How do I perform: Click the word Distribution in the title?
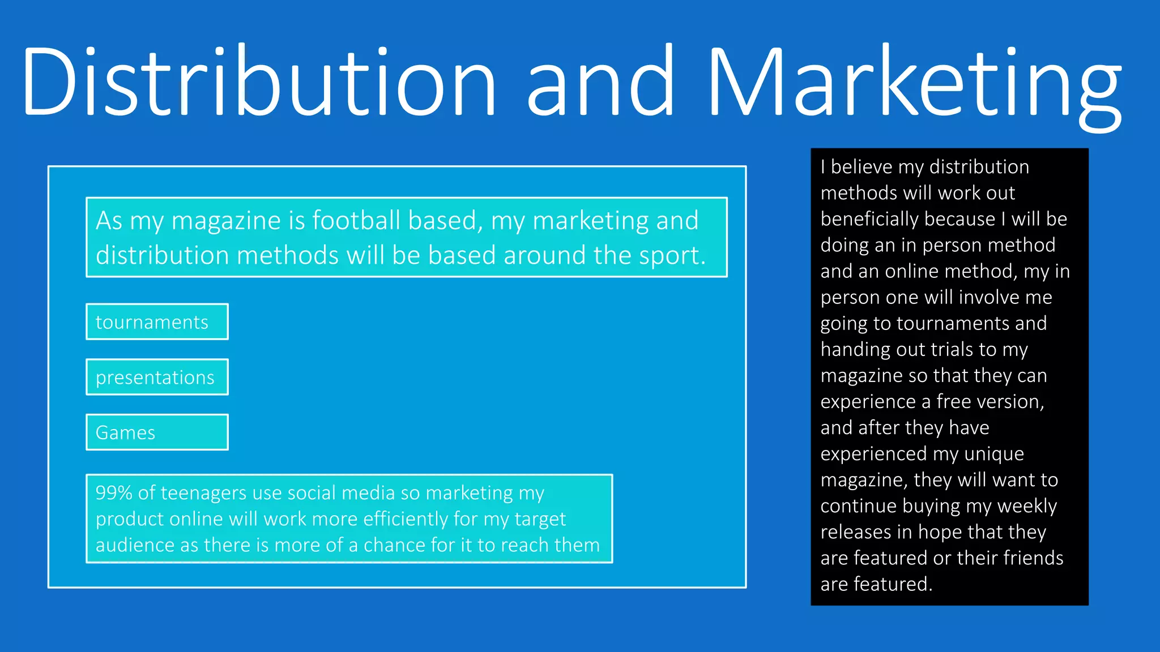pos(258,82)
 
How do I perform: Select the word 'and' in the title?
pos(600,82)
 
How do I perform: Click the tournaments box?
pos(157,322)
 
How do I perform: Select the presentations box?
pos(157,377)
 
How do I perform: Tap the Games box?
pos(157,432)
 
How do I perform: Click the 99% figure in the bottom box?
pos(113,493)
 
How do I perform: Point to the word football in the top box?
pos(356,220)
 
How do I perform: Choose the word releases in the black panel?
pos(856,532)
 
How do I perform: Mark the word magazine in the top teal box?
pos(226,220)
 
